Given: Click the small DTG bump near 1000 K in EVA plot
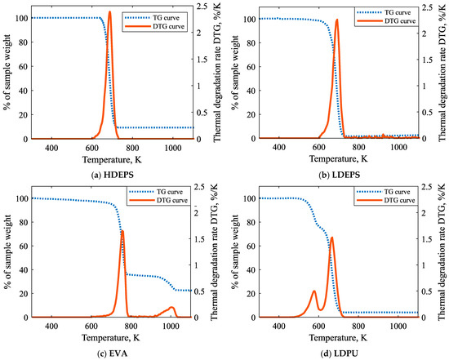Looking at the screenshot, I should (171, 308).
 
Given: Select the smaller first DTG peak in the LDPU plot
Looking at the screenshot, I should (313, 291).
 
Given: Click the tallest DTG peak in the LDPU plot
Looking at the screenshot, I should (331, 238).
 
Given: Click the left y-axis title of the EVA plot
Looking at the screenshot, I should (7, 252).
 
